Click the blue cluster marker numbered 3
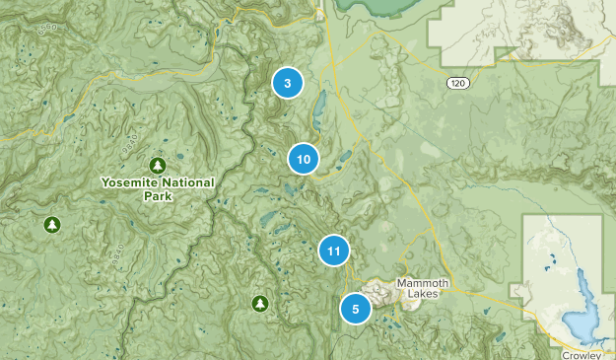tap(287, 83)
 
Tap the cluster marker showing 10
tap(304, 159)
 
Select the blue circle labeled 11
tap(334, 252)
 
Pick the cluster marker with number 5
tap(355, 309)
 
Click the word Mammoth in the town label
tap(423, 283)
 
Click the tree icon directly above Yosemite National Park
tap(156, 164)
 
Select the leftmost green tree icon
tap(50, 225)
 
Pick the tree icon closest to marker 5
tap(259, 303)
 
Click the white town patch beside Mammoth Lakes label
tap(379, 292)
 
